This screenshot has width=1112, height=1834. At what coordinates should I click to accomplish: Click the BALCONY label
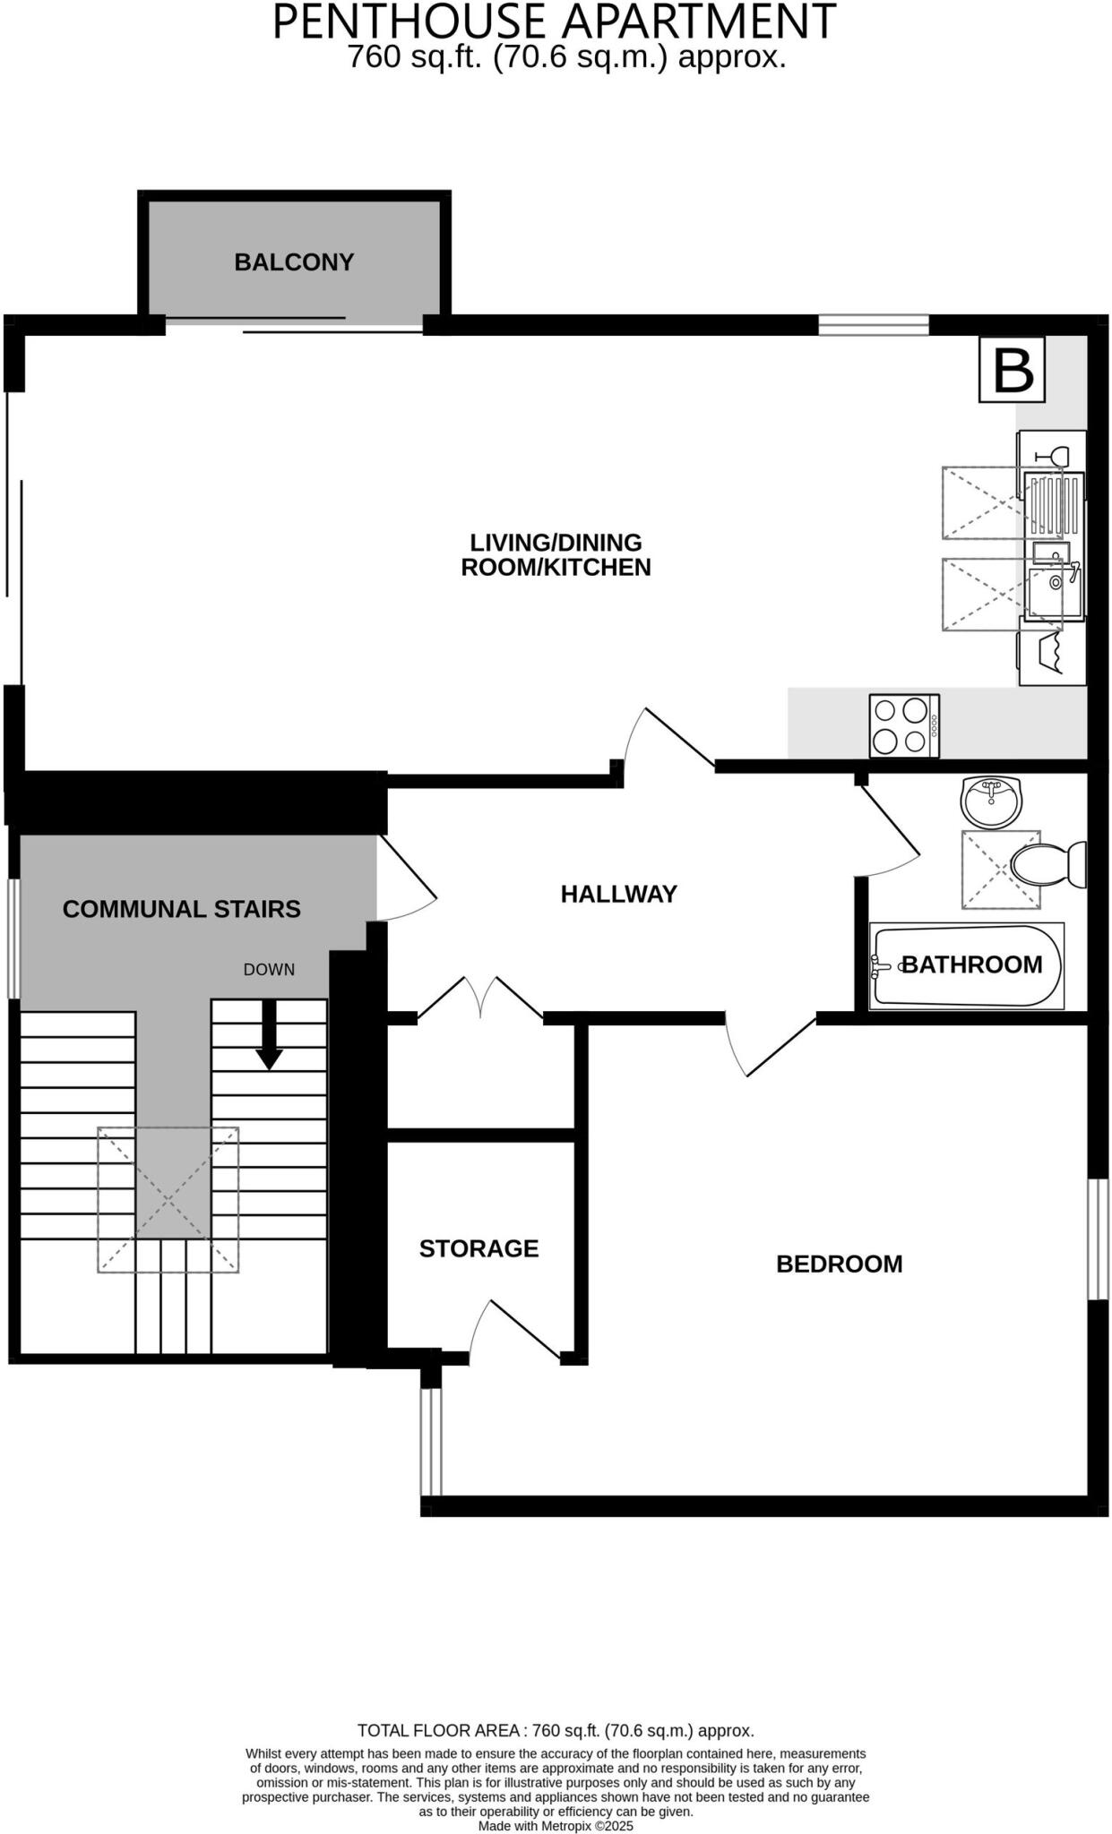pos(294,262)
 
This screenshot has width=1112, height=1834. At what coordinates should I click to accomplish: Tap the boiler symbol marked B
pos(1013,369)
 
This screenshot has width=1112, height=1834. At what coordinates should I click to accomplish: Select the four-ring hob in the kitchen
pos(903,725)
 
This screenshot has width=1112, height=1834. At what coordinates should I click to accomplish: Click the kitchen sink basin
pos(1056,592)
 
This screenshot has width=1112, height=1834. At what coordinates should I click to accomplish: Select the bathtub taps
pos(882,965)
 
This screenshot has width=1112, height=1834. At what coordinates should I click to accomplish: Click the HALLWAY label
pos(618,894)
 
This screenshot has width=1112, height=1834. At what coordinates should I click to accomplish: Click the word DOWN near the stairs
pos(269,970)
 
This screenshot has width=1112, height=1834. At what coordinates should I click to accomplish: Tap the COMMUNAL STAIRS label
pos(181,909)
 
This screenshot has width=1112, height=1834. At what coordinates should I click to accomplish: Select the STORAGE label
pos(478,1248)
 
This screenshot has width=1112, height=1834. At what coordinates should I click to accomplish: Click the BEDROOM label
pos(839,1264)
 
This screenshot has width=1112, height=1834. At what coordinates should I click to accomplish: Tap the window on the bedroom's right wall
pos(1097,1238)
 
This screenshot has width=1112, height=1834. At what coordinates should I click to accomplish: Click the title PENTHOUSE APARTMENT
pos(554,21)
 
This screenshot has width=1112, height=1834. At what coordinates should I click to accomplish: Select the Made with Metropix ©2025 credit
pos(555,1825)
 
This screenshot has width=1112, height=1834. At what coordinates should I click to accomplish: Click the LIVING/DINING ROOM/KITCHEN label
pos(556,554)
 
